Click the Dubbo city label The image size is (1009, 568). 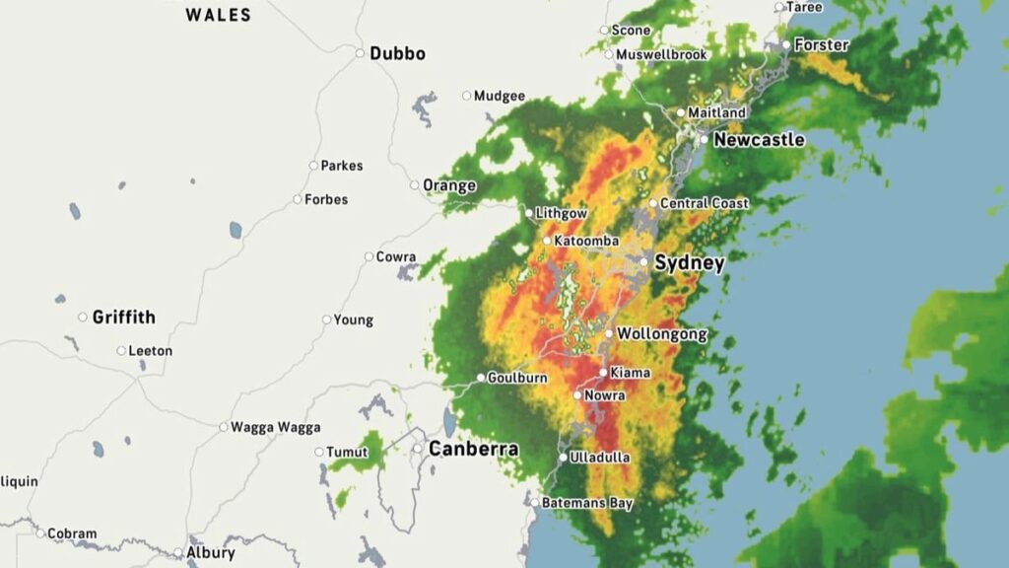(397, 53)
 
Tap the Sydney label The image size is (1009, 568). (689, 263)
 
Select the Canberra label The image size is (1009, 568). (473, 449)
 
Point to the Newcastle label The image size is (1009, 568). (759, 140)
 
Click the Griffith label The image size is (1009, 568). (123, 317)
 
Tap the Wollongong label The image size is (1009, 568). (662, 334)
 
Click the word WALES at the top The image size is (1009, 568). (219, 15)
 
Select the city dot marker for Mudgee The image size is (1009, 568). (467, 96)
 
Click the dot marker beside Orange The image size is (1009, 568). (415, 185)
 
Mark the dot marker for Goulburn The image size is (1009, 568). (481, 378)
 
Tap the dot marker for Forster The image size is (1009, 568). (786, 44)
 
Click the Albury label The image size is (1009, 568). (211, 552)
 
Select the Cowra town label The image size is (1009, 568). (396, 257)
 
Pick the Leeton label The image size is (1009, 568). (151, 350)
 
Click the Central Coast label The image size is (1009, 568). (705, 203)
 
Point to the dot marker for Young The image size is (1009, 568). (327, 319)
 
